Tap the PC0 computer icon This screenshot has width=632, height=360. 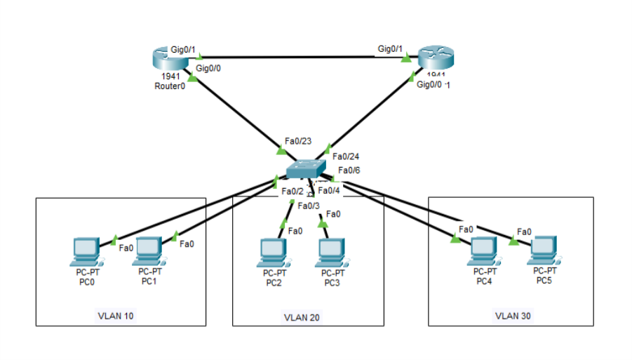(x=88, y=251)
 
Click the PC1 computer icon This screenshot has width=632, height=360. (x=149, y=250)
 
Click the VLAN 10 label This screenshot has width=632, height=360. (x=115, y=316)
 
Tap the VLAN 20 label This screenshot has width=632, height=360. (x=302, y=317)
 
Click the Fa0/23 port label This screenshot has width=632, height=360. (x=297, y=141)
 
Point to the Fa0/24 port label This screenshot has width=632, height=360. (x=346, y=156)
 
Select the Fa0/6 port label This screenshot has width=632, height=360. (x=349, y=170)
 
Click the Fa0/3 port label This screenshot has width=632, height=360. (x=309, y=206)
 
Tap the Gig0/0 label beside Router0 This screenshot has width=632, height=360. (x=208, y=68)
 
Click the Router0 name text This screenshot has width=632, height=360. (x=169, y=86)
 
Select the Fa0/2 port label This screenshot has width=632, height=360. (x=293, y=191)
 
